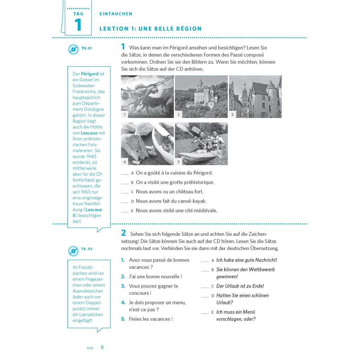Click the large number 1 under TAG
point(78,25)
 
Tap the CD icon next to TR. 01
point(73,49)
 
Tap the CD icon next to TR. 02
point(73,250)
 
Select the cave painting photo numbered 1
point(147,97)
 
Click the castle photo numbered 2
point(201,97)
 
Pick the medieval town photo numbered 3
point(255,97)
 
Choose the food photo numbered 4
point(147,144)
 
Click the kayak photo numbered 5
point(201,144)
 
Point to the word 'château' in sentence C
point(185,192)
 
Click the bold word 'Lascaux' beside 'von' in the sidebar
point(89,133)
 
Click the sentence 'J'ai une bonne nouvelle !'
point(155,277)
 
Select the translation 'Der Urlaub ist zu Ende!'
point(240,286)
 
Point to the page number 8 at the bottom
point(102,347)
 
